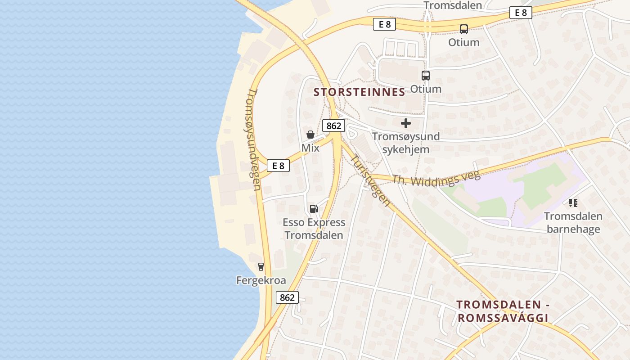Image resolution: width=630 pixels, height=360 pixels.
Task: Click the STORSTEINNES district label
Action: tap(359, 92)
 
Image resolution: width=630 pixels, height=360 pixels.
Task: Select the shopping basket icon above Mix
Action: tap(310, 134)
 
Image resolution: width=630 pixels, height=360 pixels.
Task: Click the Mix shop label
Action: tap(310, 148)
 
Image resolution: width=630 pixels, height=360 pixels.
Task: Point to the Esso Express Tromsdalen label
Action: tap(314, 229)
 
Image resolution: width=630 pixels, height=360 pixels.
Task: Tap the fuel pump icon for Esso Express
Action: tap(314, 208)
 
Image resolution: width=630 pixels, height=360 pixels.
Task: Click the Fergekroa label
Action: tap(261, 280)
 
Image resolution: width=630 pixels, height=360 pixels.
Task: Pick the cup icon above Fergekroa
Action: tap(261, 267)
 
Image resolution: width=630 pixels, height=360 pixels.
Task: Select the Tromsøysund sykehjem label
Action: tap(406, 143)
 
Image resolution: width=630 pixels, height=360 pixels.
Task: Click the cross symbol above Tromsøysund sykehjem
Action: tap(406, 123)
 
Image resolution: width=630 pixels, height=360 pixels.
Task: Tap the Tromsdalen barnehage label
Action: tap(573, 223)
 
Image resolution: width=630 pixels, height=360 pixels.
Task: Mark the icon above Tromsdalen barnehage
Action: tap(573, 203)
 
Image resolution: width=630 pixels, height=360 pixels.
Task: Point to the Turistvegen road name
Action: tap(370, 180)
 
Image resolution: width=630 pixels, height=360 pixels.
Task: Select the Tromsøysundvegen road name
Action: tap(254, 139)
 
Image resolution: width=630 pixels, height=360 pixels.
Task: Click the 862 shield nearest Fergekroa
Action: tap(287, 297)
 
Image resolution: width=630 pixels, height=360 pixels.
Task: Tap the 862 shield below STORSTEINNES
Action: tap(333, 126)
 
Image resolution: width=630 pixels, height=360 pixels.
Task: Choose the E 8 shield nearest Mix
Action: tap(278, 166)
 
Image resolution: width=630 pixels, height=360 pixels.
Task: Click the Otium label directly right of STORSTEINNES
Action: tap(426, 89)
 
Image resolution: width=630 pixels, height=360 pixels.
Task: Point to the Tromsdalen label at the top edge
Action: tap(453, 5)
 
